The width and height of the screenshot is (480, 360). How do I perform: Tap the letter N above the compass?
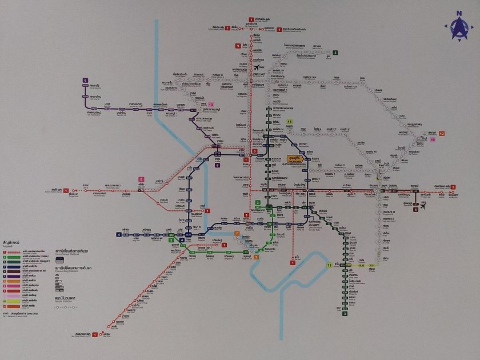(458, 13)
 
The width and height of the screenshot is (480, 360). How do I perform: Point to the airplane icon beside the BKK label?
(423, 207)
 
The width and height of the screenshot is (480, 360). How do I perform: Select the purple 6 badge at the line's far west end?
(85, 81)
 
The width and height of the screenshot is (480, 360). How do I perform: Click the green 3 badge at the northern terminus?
(336, 53)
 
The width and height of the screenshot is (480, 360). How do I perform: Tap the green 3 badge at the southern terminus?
(345, 313)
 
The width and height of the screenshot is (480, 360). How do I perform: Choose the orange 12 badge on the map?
(442, 133)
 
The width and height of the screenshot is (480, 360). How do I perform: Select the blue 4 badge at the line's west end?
(119, 234)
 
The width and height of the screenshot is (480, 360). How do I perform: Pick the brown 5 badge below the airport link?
(416, 210)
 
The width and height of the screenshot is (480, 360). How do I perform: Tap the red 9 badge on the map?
(237, 46)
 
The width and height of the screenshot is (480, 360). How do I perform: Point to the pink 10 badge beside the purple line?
(210, 105)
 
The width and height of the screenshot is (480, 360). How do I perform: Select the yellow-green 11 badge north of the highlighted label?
(290, 122)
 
